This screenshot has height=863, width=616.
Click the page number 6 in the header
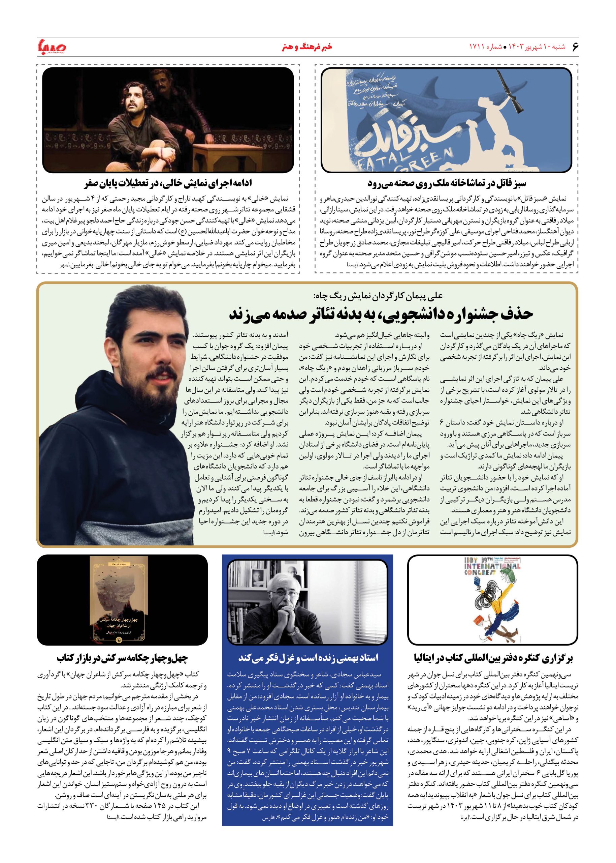point(575,46)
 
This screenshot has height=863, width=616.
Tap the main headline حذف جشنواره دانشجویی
point(381,314)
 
